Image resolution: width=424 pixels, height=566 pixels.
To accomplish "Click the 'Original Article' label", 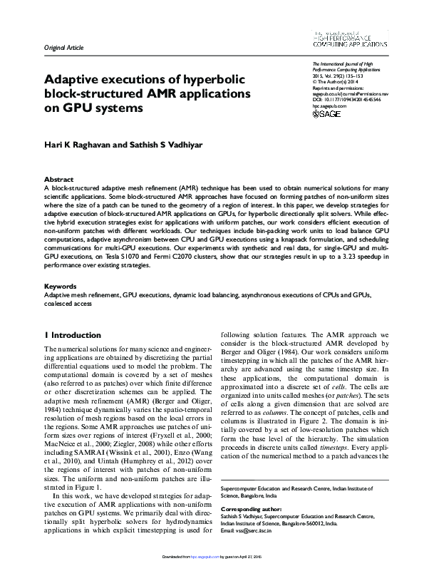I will click(x=64, y=48).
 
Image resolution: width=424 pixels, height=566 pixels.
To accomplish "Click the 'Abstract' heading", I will click(x=58, y=180).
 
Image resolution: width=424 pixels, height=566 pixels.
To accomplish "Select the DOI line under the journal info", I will click(x=346, y=101).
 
